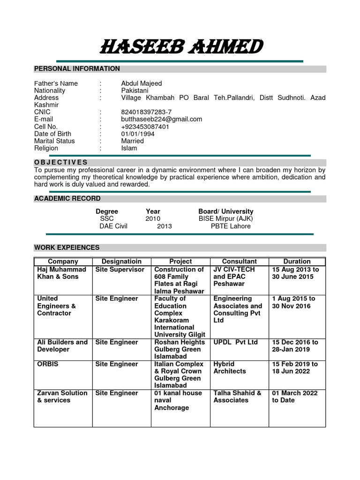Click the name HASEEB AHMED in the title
tap(181, 47)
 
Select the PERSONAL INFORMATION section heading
tap(77, 69)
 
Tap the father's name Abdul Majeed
tap(141, 83)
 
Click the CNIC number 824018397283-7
tap(146, 112)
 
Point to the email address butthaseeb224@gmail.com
tap(161, 119)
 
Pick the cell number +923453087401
tap(145, 127)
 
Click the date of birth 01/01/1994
tap(137, 134)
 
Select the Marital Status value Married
tap(133, 141)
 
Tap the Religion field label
tap(46, 148)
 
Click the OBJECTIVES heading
tap(60, 162)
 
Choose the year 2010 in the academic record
tap(153, 219)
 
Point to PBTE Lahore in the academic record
tap(231, 226)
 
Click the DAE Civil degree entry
tap(113, 226)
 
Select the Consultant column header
tap(239, 262)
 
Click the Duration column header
tap(297, 262)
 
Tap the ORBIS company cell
tap(48, 364)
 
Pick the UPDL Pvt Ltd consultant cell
tap(235, 342)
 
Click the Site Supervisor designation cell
tap(120, 270)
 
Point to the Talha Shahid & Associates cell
tap(237, 397)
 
